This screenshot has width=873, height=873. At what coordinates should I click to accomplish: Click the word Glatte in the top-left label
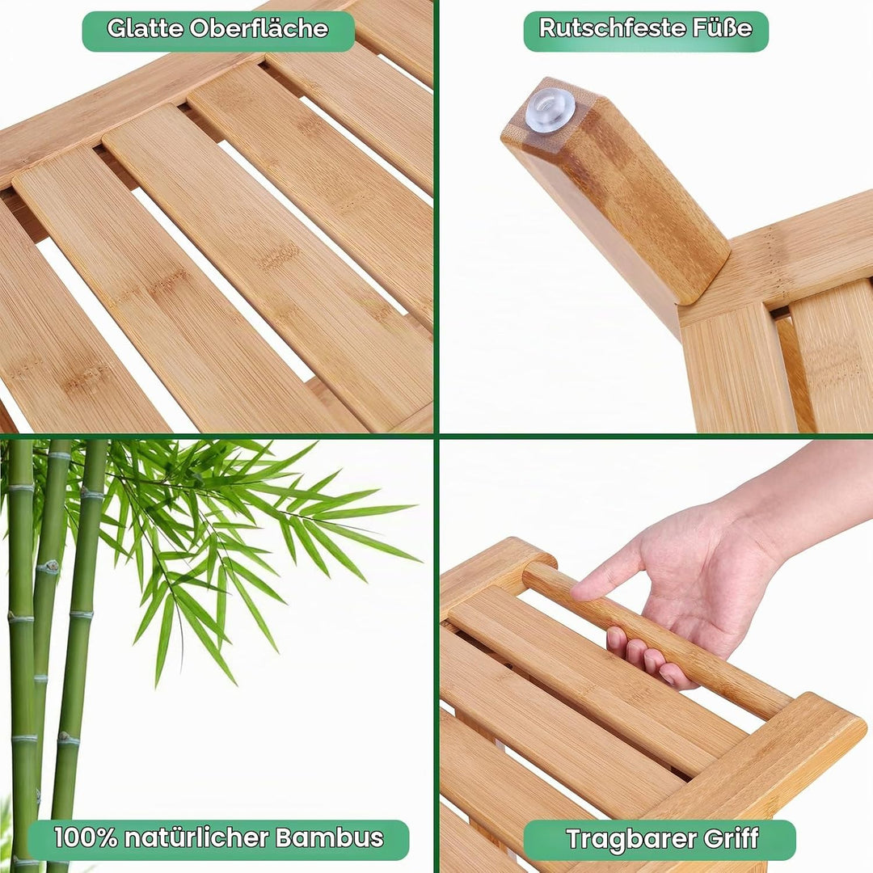[x=145, y=28]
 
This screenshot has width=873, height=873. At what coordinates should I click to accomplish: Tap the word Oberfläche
[x=259, y=28]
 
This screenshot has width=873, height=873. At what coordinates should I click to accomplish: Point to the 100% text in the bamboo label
[x=86, y=837]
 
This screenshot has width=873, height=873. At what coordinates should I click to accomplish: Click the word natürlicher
[x=196, y=837]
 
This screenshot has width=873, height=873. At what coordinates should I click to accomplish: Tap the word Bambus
[x=329, y=837]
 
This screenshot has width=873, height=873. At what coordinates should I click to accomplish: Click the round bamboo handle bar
[x=657, y=640]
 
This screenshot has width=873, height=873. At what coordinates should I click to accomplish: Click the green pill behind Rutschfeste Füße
[x=646, y=32]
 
